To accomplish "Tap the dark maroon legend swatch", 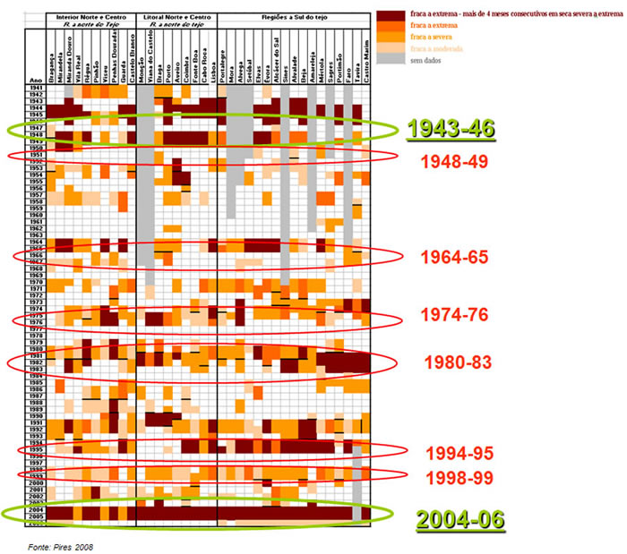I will [x=390, y=16].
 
